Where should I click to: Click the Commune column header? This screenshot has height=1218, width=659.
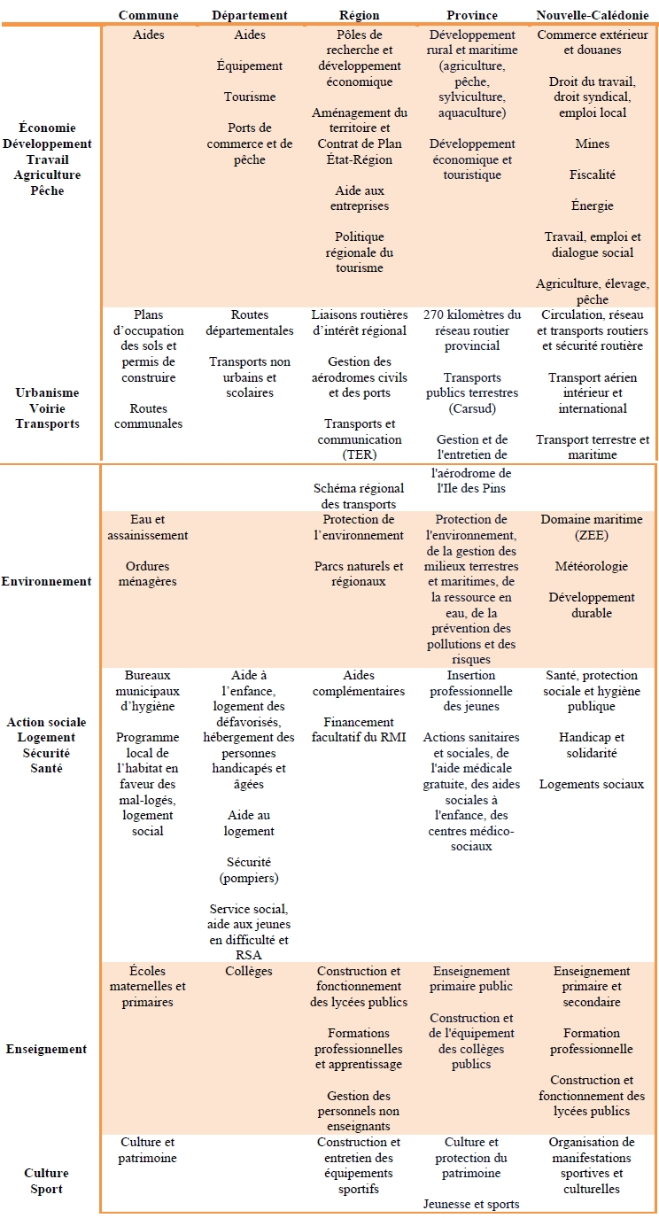pyautogui.click(x=148, y=15)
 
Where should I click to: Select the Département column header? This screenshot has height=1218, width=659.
pyautogui.click(x=250, y=15)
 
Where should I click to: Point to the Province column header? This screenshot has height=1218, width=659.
pyautogui.click(x=472, y=15)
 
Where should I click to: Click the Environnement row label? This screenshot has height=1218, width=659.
pyautogui.click(x=46, y=581)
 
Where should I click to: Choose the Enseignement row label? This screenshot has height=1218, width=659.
pyautogui.click(x=46, y=1049)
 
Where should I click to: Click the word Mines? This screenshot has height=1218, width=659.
pyautogui.click(x=592, y=144)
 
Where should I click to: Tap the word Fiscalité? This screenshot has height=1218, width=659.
pyautogui.click(x=592, y=175)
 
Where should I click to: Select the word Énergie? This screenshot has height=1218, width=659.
pyautogui.click(x=592, y=206)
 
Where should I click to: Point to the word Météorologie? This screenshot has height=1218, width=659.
pyautogui.click(x=592, y=566)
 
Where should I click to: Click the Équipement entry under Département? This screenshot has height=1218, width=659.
pyautogui.click(x=250, y=66)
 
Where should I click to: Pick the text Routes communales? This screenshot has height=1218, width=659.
pyautogui.click(x=149, y=416)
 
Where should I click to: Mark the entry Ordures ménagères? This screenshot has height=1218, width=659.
pyautogui.click(x=148, y=574)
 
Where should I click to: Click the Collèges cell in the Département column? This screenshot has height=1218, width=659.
pyautogui.click(x=249, y=971)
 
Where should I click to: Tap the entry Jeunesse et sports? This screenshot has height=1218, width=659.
pyautogui.click(x=471, y=1204)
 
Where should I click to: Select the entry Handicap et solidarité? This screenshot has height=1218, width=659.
pyautogui.click(x=592, y=745)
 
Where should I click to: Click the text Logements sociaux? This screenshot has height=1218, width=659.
pyautogui.click(x=592, y=784)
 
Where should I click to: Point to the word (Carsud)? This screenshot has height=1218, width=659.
pyautogui.click(x=471, y=408)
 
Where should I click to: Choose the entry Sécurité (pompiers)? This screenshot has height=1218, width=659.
pyautogui.click(x=249, y=870)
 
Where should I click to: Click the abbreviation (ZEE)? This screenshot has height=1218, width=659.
pyautogui.click(x=592, y=535)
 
